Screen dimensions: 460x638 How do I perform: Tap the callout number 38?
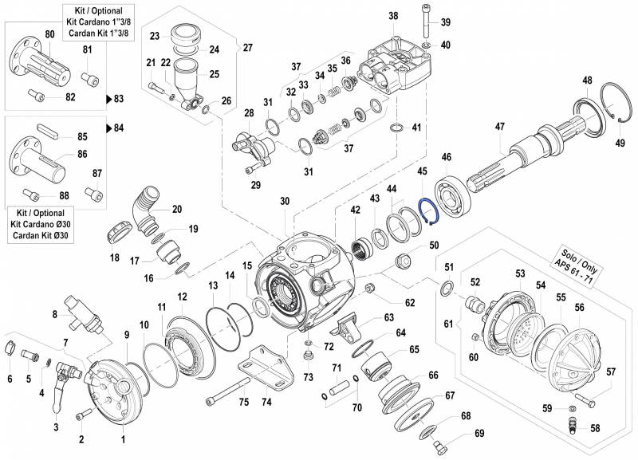[393, 17]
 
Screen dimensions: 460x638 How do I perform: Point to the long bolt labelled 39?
[423, 22]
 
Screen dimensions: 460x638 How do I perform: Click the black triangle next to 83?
[109, 99]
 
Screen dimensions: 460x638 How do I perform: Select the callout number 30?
[285, 202]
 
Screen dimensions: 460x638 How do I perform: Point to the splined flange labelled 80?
[36, 59]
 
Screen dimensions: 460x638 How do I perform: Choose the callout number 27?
[247, 48]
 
